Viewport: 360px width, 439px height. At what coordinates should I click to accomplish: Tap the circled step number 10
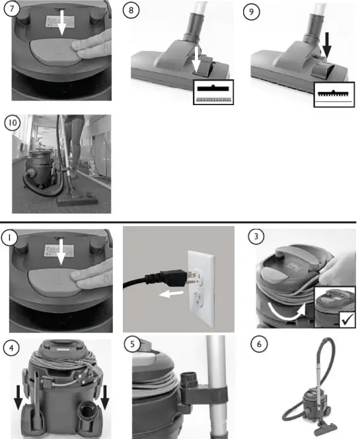(12, 123)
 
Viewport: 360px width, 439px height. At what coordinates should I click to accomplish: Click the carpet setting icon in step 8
(211, 93)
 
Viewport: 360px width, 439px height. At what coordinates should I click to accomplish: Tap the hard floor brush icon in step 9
(334, 93)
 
